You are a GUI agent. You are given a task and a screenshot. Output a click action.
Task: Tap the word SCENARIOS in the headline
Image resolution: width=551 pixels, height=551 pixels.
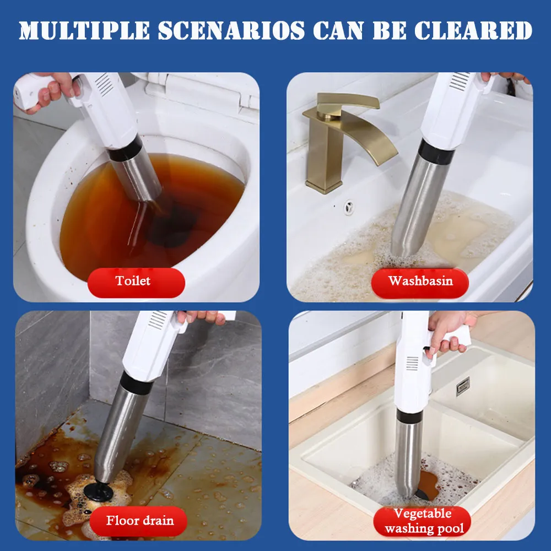point(231,30)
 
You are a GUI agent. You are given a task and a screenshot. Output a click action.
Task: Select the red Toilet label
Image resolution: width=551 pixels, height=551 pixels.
point(133,282)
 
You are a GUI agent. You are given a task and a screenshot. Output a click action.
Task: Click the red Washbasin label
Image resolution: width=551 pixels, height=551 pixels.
point(420,282)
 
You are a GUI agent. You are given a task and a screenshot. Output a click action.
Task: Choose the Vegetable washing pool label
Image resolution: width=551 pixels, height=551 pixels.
point(423,521)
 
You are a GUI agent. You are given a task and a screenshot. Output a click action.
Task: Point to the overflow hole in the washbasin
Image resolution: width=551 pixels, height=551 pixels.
point(348,207)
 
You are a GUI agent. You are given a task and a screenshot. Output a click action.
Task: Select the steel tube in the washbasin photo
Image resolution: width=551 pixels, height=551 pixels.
point(419,204)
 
